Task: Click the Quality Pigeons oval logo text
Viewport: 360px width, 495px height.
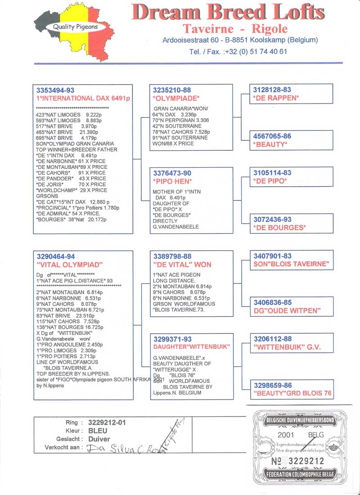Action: (76, 27)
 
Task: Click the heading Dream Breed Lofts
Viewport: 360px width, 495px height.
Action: (228, 13)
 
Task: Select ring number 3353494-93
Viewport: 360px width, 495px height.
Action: (55, 90)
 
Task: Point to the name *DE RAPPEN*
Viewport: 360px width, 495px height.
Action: (276, 98)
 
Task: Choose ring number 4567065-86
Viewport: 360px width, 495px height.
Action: (272, 136)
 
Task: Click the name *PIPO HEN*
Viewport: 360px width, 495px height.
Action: (172, 181)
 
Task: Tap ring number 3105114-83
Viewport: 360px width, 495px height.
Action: (272, 173)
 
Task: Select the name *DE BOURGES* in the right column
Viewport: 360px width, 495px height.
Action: (279, 227)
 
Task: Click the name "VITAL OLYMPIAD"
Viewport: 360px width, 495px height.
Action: (70, 265)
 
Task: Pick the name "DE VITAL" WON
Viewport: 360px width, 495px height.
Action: (182, 265)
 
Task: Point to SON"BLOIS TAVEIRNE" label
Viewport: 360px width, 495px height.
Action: (291, 264)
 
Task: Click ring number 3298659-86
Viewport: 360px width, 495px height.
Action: (273, 385)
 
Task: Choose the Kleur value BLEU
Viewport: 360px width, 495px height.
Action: (98, 431)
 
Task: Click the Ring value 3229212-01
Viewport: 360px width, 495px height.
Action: (108, 423)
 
